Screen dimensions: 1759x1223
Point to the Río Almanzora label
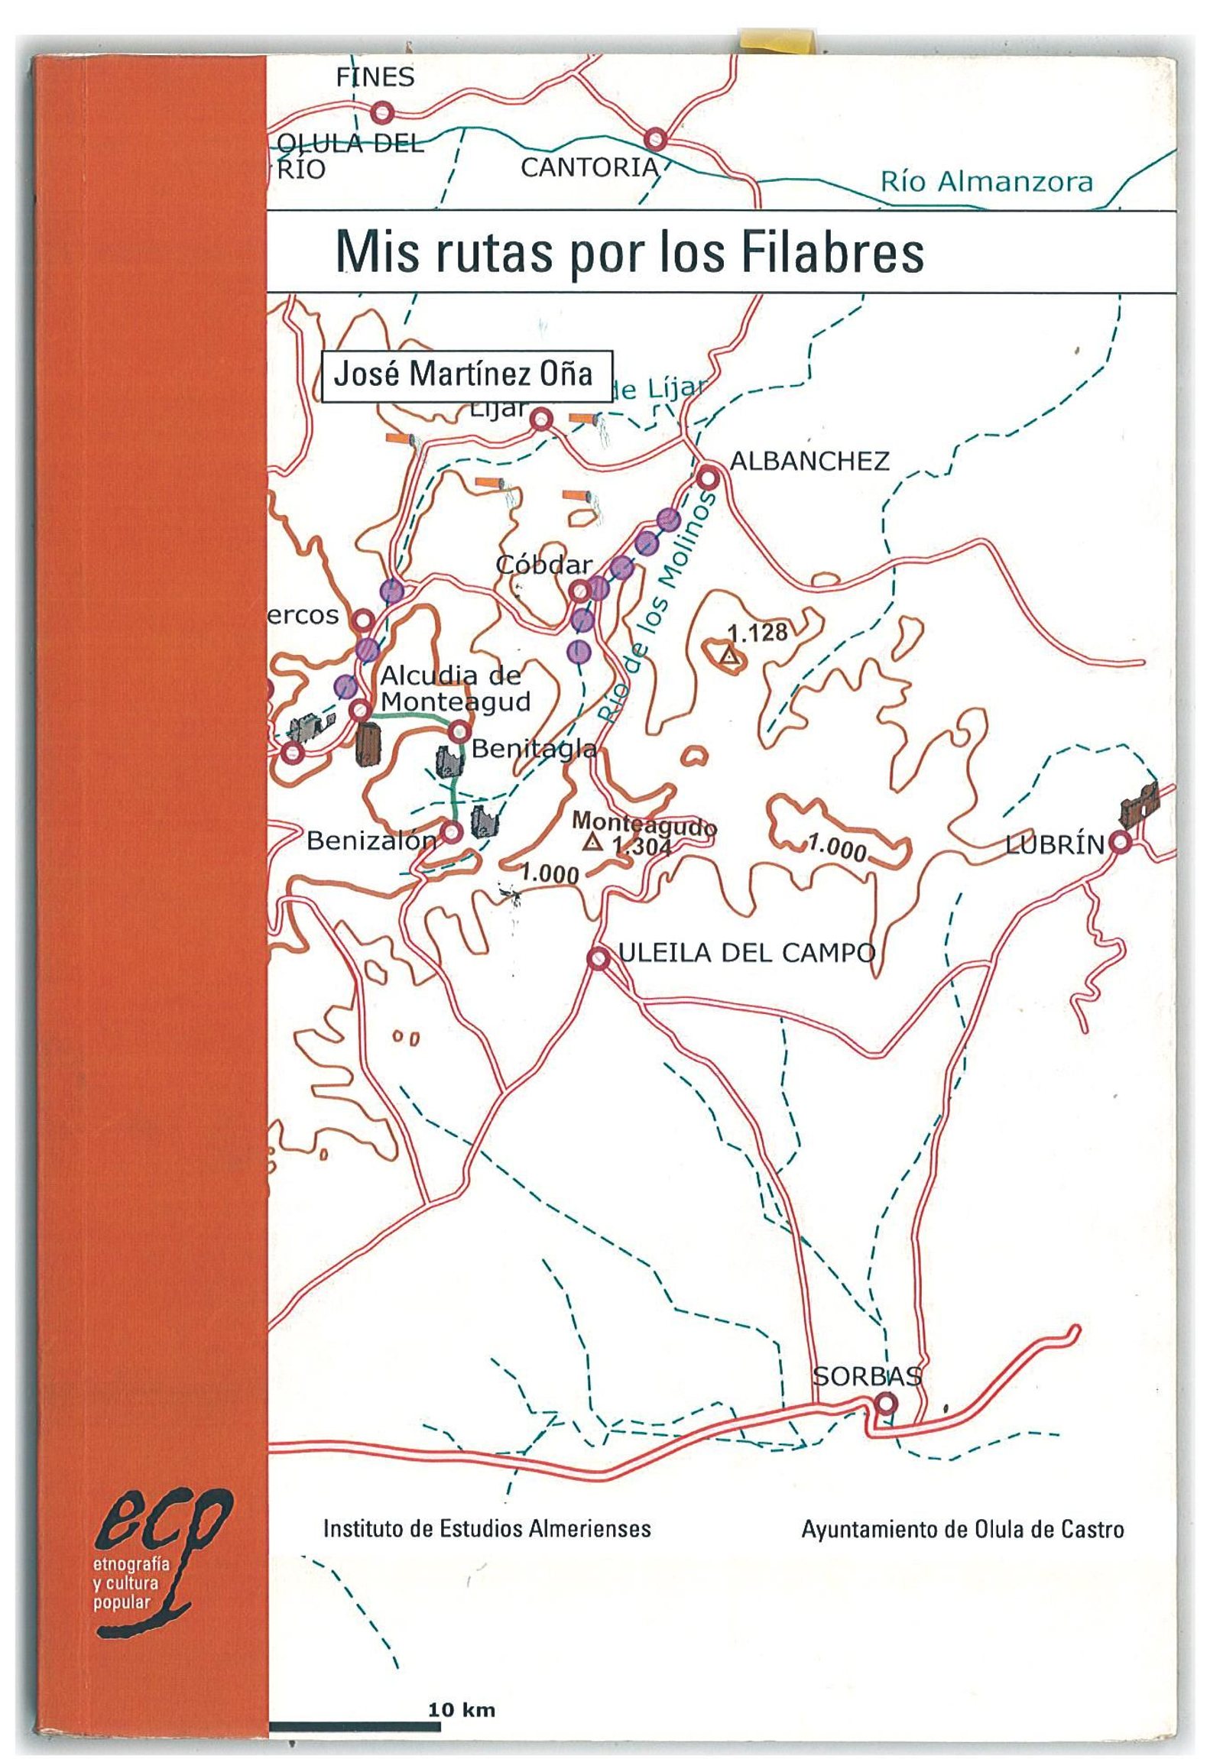click(x=985, y=183)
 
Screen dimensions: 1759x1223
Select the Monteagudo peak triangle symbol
click(x=590, y=843)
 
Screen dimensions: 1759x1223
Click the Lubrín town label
click(x=1056, y=845)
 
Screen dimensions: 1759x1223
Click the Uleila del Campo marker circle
click(x=598, y=957)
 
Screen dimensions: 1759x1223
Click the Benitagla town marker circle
click(x=459, y=730)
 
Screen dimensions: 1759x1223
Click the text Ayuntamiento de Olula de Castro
click(x=962, y=1530)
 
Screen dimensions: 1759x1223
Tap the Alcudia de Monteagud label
click(x=454, y=688)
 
